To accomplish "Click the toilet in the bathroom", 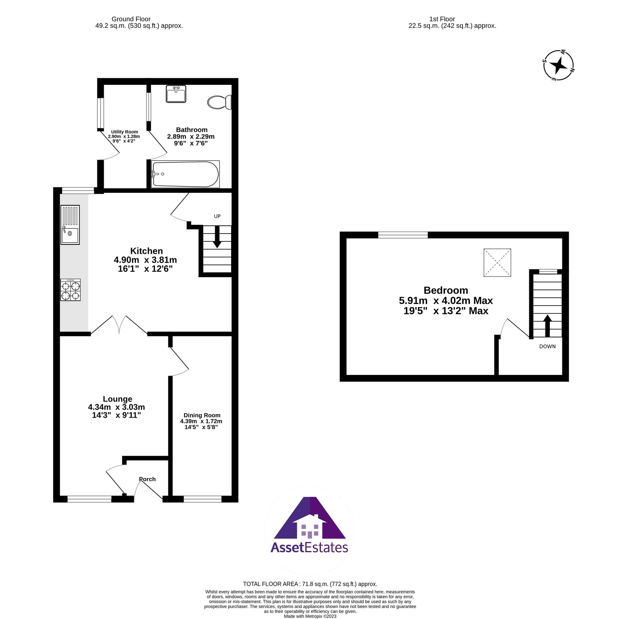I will tap(219, 102).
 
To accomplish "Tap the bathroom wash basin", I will tap(176, 94).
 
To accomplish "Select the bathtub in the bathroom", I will tap(185, 174).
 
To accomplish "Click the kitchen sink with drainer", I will tap(70, 225).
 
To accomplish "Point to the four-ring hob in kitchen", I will tap(70, 290).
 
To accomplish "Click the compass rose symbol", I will tap(558, 65).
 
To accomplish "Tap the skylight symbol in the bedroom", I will tap(497, 262).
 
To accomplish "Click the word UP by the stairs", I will tap(217, 216).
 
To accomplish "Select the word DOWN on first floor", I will tap(547, 346).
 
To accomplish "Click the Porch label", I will tap(147, 479).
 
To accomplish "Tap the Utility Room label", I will tap(124, 132).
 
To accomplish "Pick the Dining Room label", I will tap(202, 415).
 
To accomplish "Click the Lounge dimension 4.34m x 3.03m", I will tap(116, 407).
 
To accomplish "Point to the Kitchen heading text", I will tap(146, 251).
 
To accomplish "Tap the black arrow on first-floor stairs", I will tap(547, 325).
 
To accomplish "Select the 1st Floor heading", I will tap(442, 19).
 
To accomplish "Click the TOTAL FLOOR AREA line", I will tap(310, 584).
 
